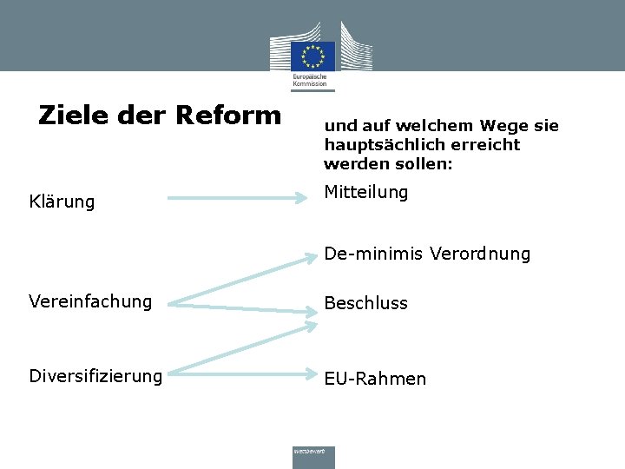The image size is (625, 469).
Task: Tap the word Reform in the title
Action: [x=228, y=116]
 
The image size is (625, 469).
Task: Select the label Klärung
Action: [x=62, y=202]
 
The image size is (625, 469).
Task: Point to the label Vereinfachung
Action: [x=90, y=301]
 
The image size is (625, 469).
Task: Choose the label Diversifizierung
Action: [x=95, y=376]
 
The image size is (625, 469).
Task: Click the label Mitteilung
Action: [x=365, y=192]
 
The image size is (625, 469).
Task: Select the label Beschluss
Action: [x=365, y=303]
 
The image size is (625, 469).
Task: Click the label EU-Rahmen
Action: [x=375, y=379]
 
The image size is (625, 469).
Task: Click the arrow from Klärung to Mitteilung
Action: [x=243, y=199]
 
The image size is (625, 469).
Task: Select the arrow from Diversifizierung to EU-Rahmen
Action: [x=243, y=374]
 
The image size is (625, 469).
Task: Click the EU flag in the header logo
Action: [x=313, y=56]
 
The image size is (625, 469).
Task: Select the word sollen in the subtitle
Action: [x=426, y=163]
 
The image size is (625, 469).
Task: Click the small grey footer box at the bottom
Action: [x=313, y=457]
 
